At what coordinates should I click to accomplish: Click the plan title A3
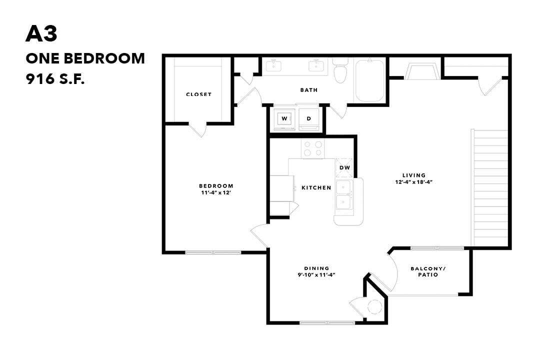[41, 34]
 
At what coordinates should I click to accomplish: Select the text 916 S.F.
[55, 79]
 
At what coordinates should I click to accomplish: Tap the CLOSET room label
[198, 94]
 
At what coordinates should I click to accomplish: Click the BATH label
[308, 90]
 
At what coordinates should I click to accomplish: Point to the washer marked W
[284, 119]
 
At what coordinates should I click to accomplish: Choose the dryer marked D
[309, 119]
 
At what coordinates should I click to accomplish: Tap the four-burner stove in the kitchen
[313, 148]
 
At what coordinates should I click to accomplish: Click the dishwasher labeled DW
[345, 167]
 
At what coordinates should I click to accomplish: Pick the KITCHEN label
[316, 188]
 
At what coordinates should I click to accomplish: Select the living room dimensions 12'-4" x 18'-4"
[413, 182]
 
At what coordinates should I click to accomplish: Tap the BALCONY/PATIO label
[427, 271]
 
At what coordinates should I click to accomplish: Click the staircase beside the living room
[490, 187]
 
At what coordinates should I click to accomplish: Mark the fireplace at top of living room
[423, 71]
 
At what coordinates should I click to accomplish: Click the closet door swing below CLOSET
[198, 129]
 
